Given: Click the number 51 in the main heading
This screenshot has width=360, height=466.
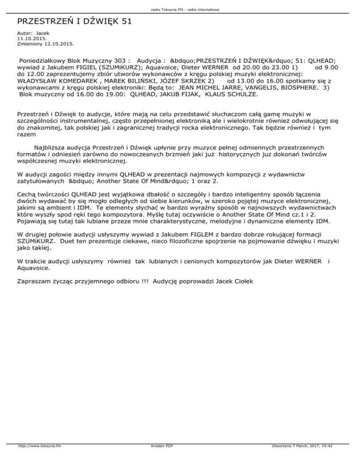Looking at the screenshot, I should (124, 22).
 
